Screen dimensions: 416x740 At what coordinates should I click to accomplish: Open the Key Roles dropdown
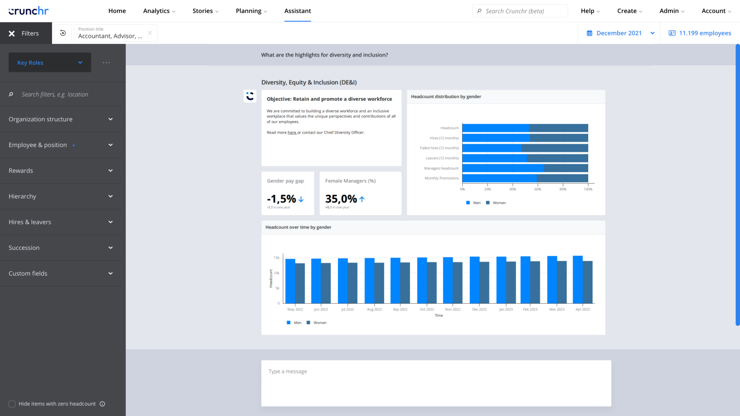click(x=50, y=62)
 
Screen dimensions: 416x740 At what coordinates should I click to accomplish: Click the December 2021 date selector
click(x=619, y=33)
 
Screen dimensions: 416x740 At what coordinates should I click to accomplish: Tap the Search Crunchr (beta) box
click(x=520, y=11)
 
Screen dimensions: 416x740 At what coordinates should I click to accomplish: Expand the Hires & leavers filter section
click(x=61, y=222)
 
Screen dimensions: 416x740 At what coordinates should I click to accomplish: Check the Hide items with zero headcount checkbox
click(x=12, y=404)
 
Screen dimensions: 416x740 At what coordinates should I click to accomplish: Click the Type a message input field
click(x=436, y=383)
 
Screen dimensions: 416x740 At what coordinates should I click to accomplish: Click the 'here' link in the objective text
click(x=292, y=133)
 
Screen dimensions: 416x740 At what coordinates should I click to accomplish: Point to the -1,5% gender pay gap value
click(x=281, y=199)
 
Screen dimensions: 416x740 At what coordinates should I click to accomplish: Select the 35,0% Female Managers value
click(x=341, y=199)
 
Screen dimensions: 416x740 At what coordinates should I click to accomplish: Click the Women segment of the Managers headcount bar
click(x=566, y=168)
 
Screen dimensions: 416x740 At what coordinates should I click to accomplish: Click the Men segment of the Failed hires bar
click(x=491, y=148)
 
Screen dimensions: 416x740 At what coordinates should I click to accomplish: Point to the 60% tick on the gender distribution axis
click(x=538, y=189)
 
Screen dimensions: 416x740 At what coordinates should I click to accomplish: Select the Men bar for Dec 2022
click(x=474, y=280)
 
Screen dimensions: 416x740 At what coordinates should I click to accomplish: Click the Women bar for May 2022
click(x=300, y=283)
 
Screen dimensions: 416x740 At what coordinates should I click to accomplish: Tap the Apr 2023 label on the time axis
click(x=582, y=309)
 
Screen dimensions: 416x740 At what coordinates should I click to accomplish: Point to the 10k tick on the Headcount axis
click(x=276, y=273)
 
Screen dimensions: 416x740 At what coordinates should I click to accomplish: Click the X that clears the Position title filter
click(x=150, y=33)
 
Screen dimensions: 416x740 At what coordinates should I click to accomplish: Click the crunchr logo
click(x=29, y=11)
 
